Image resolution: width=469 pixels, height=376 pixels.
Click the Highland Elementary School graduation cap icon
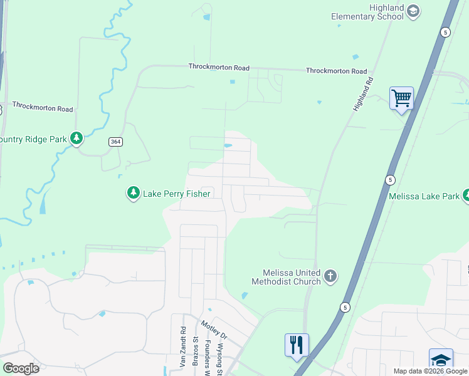click(413, 11)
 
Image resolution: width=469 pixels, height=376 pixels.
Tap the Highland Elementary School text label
click(367, 12)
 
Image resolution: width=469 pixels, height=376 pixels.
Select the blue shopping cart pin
click(401, 98)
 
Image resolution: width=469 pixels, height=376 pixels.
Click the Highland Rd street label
click(362, 94)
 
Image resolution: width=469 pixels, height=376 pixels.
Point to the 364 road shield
click(115, 142)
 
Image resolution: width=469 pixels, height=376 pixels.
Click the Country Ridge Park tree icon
click(76, 138)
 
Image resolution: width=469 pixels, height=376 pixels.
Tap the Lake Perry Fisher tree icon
click(133, 193)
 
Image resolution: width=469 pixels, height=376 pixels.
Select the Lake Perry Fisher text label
click(176, 194)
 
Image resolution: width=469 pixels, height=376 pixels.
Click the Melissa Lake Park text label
click(424, 196)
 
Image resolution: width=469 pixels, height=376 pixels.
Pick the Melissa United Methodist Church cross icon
click(330, 276)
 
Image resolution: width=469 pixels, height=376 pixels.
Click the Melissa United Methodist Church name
click(286, 276)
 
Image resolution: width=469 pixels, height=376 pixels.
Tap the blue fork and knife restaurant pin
click(297, 345)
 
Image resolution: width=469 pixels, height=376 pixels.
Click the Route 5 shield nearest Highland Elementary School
click(445, 33)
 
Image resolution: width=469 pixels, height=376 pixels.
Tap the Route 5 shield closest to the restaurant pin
click(344, 306)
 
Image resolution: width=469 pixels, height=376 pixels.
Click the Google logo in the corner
click(20, 368)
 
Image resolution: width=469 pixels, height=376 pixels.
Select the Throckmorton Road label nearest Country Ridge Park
click(43, 108)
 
